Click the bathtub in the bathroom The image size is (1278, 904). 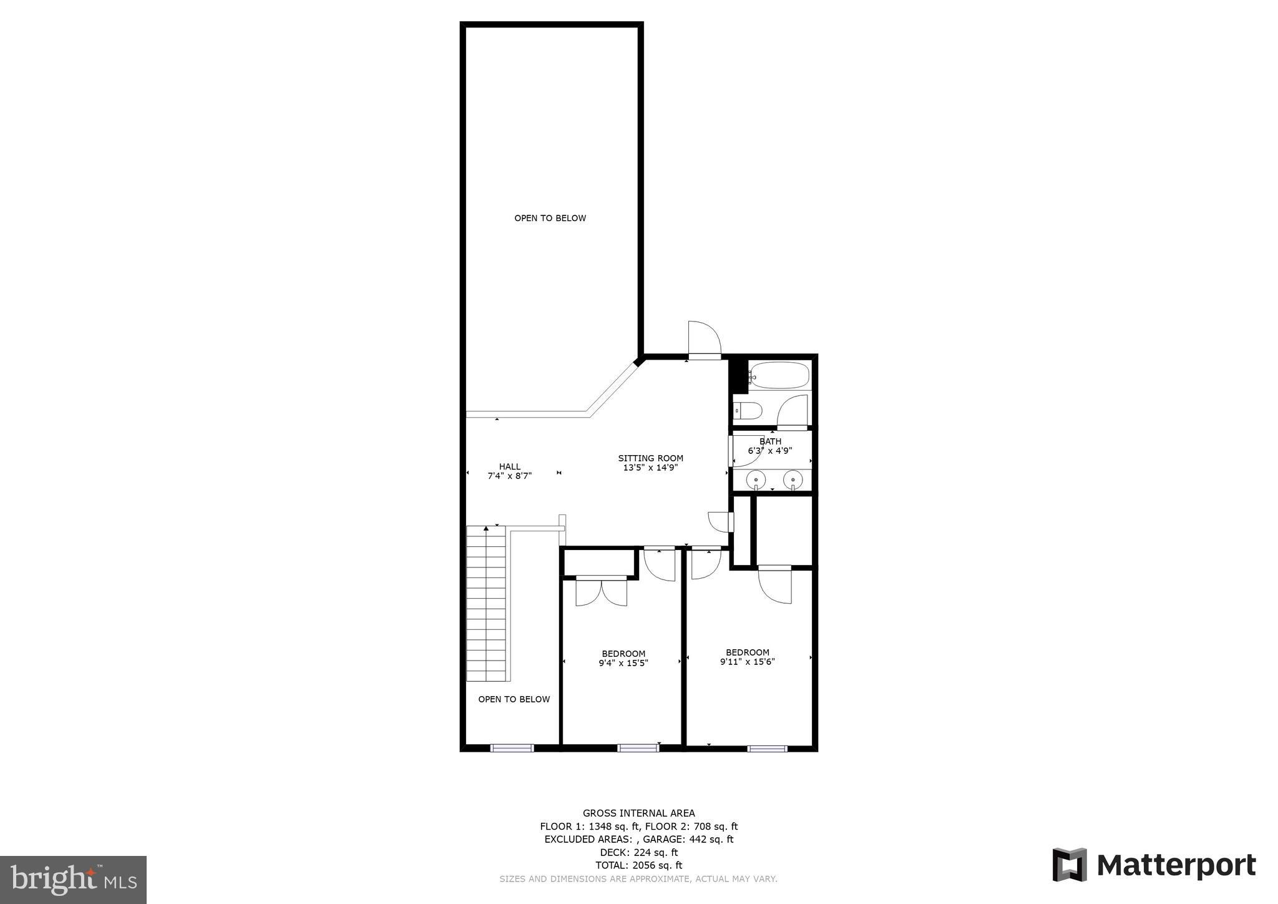(x=779, y=376)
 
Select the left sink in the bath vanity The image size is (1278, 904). (x=756, y=479)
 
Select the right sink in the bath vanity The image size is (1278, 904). (x=793, y=479)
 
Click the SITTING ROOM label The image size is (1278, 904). (x=650, y=458)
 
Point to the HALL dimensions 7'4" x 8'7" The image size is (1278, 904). (x=509, y=476)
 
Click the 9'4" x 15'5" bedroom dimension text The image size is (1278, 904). (x=623, y=663)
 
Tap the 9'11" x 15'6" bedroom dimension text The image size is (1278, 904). (x=747, y=662)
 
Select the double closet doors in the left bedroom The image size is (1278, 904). (x=601, y=592)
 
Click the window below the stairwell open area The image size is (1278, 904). (x=512, y=747)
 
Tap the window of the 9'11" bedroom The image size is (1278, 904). (x=767, y=748)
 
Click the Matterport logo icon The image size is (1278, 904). (x=1070, y=865)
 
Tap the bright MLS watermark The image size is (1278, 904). (x=73, y=880)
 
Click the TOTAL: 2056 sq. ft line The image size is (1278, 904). (x=638, y=865)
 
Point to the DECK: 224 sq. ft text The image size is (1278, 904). (x=638, y=852)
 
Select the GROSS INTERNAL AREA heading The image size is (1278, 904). (x=638, y=813)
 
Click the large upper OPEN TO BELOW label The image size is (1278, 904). (x=550, y=218)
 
